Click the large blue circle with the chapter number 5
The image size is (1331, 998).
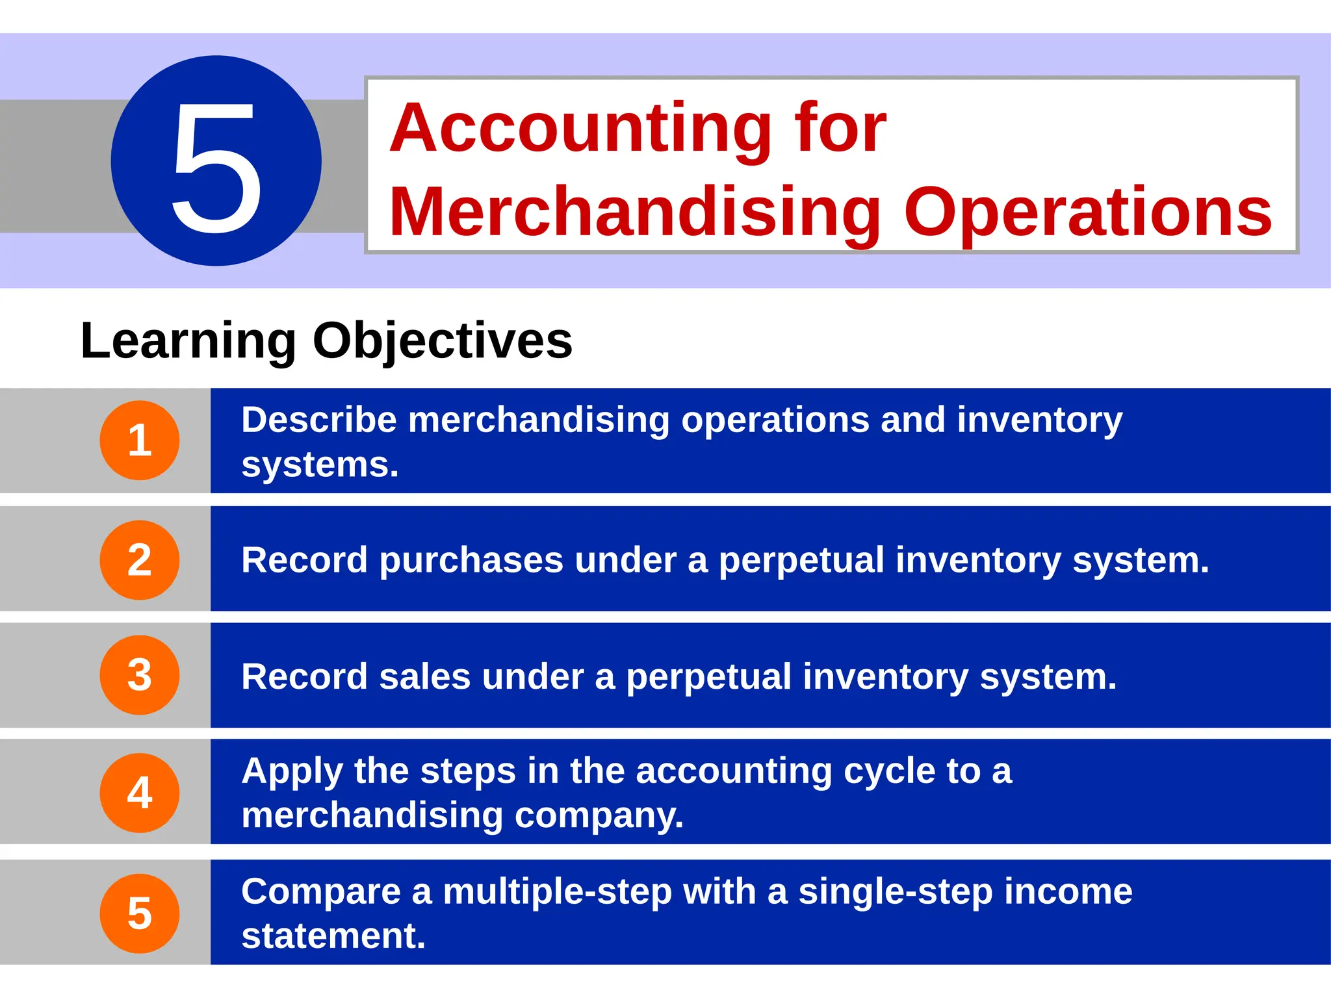point(216,160)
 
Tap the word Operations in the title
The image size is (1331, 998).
point(1087,212)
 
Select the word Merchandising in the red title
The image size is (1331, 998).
point(634,212)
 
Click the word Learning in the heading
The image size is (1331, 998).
point(188,340)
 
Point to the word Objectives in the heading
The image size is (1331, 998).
point(443,342)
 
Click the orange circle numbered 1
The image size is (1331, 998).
point(140,441)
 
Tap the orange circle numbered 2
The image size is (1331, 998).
point(140,559)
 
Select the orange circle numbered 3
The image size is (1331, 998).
point(140,675)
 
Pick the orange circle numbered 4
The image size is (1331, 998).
point(140,793)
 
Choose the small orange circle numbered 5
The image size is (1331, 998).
point(140,913)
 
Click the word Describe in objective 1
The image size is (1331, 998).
point(318,420)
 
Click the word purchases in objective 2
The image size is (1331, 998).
point(471,560)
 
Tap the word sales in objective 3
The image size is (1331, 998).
point(424,676)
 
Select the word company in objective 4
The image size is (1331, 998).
point(598,816)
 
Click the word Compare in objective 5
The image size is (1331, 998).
point(320,891)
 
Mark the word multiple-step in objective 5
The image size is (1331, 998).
point(557,891)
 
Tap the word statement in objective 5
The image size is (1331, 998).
point(333,936)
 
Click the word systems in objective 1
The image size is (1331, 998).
point(319,465)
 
